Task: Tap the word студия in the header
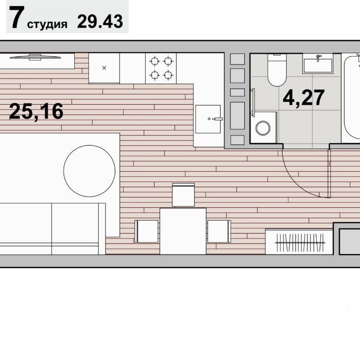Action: [47, 24]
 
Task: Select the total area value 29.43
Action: [100, 21]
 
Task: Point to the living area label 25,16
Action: [36, 111]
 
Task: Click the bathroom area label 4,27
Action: [303, 98]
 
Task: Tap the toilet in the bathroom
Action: [277, 70]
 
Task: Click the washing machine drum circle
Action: [263, 128]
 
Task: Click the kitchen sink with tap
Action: [208, 119]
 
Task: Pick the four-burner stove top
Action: [161, 68]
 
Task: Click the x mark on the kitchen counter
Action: [104, 68]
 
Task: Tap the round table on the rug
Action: [89, 171]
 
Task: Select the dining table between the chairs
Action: [183, 231]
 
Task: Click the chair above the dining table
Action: [183, 195]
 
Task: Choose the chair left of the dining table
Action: [147, 231]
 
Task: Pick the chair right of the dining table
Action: [219, 231]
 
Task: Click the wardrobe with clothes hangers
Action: [299, 242]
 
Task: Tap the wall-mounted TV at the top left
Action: [35, 57]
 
